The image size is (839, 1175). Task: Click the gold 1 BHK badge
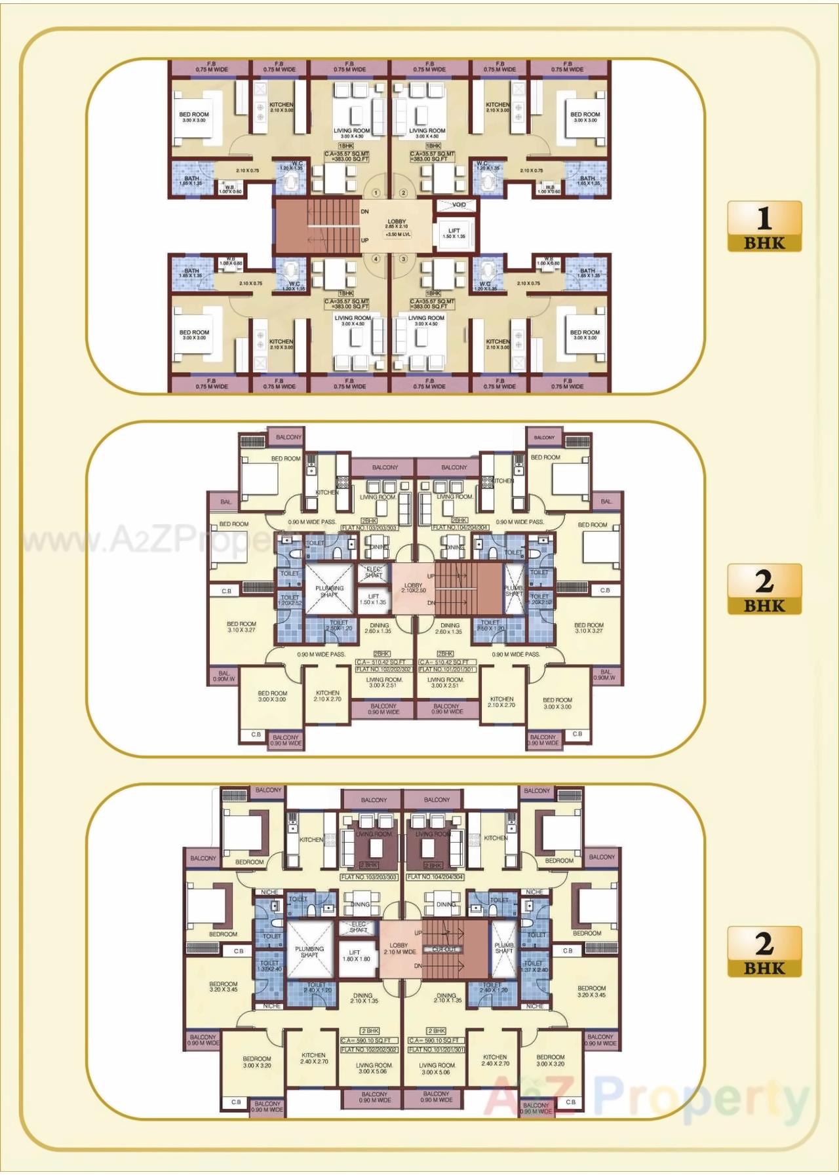764,226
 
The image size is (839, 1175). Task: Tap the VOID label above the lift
459,205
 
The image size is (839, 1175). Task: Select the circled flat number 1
376,193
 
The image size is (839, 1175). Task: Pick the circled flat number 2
403,193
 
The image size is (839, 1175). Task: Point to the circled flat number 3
403,259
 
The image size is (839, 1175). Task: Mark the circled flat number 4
376,259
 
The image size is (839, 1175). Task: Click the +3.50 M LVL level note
398,234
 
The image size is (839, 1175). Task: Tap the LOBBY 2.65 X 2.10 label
397,223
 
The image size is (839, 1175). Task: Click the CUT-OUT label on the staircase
444,949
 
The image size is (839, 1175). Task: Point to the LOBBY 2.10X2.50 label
413,587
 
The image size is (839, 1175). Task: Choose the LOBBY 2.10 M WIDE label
399,948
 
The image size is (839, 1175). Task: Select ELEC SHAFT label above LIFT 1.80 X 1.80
359,927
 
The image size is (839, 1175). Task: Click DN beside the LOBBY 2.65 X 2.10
364,212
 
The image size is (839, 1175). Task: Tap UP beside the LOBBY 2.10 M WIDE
418,933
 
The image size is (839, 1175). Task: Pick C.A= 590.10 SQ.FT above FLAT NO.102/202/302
369,1040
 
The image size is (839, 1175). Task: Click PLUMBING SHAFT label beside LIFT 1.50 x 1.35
329,591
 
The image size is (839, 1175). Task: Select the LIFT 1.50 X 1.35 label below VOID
454,233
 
